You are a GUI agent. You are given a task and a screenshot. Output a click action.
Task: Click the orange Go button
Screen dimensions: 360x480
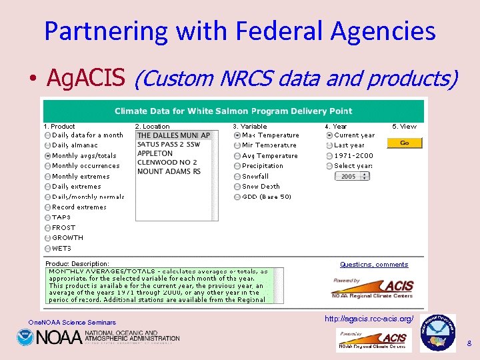click(405, 143)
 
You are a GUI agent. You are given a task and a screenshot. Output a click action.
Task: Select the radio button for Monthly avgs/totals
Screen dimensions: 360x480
click(47, 156)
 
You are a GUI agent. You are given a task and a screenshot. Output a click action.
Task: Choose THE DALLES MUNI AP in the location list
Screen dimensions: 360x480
click(173, 135)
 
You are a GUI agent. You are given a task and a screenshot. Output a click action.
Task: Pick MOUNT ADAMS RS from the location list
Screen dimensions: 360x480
click(169, 171)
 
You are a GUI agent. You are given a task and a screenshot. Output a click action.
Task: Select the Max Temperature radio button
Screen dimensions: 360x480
click(237, 135)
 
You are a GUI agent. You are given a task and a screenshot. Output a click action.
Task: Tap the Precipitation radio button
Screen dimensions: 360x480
click(237, 166)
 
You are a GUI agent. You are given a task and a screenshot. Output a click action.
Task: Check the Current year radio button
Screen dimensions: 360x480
click(329, 135)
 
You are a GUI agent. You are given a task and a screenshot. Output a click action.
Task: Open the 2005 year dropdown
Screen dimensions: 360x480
click(352, 177)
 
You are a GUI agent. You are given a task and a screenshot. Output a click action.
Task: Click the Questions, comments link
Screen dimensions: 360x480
click(373, 265)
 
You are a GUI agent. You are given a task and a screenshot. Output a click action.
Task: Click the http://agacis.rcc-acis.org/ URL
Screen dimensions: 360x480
click(369, 319)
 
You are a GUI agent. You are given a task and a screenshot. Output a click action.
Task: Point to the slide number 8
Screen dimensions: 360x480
click(469, 344)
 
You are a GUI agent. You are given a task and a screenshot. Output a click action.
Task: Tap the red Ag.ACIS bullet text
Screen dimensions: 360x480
click(86, 79)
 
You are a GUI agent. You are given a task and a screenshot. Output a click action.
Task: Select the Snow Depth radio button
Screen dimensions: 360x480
click(237, 187)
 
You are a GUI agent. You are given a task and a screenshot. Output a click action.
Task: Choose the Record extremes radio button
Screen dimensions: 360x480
click(47, 207)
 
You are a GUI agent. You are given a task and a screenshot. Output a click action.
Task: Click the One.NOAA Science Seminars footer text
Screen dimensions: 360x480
click(72, 323)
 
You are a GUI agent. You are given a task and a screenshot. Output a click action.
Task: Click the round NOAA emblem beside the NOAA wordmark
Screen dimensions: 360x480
click(25, 338)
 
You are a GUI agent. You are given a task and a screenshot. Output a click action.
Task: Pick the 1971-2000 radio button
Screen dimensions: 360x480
click(329, 156)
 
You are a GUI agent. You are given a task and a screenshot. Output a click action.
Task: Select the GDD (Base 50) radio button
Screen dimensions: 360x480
click(237, 197)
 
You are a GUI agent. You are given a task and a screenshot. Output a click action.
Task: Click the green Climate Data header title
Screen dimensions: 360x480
click(233, 111)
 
